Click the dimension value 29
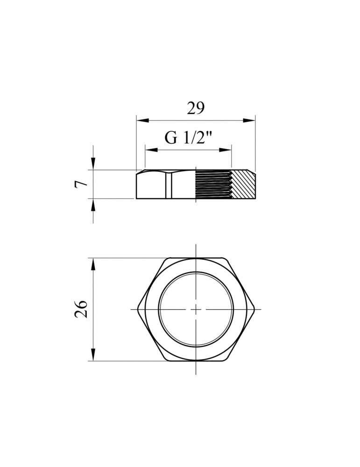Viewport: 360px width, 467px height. point(196,108)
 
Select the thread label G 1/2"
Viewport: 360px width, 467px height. point(188,138)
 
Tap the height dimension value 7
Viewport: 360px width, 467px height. point(82,184)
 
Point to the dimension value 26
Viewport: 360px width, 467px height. point(82,309)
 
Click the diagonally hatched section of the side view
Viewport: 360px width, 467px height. point(244,184)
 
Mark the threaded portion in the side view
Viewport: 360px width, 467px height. point(213,184)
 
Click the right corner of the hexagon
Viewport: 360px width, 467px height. point(255,309)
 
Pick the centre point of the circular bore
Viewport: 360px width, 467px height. point(196,309)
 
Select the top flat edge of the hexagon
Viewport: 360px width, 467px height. point(196,257)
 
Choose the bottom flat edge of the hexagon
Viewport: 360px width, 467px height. point(196,361)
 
